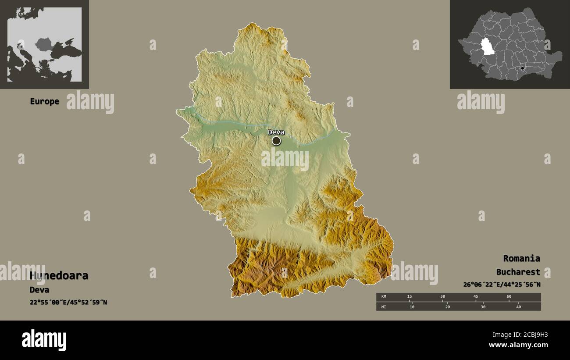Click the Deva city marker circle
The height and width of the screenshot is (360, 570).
click(x=276, y=141)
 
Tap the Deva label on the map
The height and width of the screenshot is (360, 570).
click(x=276, y=132)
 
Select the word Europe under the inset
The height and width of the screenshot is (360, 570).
click(x=44, y=101)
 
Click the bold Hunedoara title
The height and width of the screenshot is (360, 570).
click(x=59, y=276)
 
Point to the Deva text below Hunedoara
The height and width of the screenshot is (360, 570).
click(x=39, y=290)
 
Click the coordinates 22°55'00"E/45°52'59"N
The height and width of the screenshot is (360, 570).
click(x=68, y=302)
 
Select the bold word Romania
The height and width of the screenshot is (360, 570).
click(x=521, y=258)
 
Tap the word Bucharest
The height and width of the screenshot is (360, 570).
click(x=518, y=272)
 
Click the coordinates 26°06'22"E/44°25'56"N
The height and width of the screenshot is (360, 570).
click(x=502, y=285)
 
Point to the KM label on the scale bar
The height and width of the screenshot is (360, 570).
click(x=384, y=297)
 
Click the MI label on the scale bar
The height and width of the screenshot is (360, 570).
click(x=384, y=307)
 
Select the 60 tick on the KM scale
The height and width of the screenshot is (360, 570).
click(x=509, y=297)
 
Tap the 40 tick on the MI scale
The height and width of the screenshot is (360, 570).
click(x=518, y=307)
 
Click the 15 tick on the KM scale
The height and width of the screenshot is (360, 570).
click(x=409, y=297)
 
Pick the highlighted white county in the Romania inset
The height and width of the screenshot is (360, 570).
click(x=487, y=46)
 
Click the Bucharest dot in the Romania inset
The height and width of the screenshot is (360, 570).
click(x=522, y=68)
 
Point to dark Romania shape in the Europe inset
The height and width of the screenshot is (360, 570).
click(x=43, y=44)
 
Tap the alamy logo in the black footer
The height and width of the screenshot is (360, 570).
click(x=44, y=340)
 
